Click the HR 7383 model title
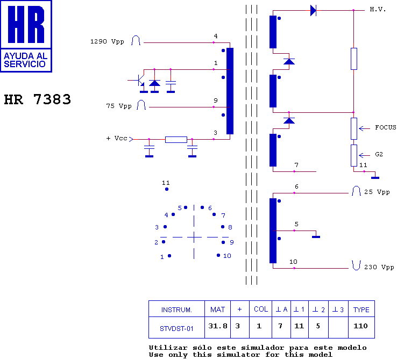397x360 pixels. tap(38, 99)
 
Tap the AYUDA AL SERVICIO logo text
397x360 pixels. tap(26, 60)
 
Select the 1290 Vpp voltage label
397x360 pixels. tap(107, 41)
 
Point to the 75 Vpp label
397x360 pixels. tap(119, 106)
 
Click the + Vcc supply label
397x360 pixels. tap(117, 138)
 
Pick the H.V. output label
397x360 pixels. tap(378, 9)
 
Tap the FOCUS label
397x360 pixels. tap(386, 127)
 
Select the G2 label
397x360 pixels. tap(379, 154)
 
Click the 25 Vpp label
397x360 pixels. tap(377, 192)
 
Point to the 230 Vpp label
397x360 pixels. tap(379, 267)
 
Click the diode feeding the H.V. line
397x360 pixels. tap(313, 10)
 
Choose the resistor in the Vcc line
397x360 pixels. tap(176, 140)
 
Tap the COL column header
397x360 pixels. tap(261, 309)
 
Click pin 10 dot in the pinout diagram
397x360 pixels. tap(218, 255)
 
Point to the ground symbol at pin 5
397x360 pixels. tap(316, 237)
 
